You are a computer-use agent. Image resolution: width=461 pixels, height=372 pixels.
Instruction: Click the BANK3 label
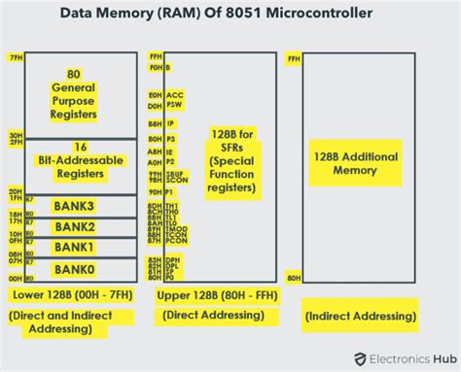tap(74, 206)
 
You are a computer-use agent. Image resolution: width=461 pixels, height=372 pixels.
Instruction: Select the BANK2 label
tap(74, 226)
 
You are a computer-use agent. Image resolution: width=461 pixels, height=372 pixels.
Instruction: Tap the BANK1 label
tap(74, 247)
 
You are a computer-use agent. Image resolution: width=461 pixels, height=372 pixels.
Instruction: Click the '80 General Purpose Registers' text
tap(74, 93)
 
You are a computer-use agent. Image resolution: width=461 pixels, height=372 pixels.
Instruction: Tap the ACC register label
tap(175, 94)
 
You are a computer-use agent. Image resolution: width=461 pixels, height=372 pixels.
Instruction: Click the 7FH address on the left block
tap(14, 58)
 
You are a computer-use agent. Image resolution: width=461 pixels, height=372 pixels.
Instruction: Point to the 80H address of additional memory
tap(294, 278)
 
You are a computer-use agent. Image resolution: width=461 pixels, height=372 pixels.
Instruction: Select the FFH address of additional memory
tap(294, 58)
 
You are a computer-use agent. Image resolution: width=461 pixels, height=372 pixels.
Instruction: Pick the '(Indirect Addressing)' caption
tap(361, 316)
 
